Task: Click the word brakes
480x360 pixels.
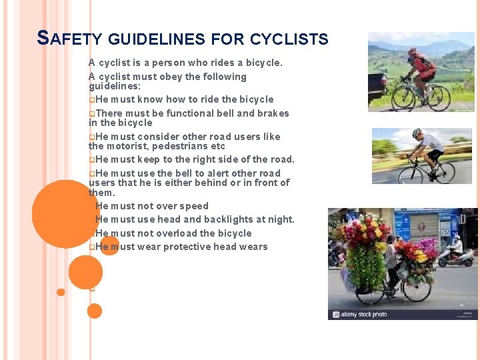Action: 273,113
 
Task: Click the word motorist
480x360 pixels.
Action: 129,146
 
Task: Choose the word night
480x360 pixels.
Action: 280,219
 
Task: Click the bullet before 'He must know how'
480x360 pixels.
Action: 91,100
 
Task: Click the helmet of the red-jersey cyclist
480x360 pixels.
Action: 413,51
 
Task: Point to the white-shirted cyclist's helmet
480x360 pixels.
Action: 417,133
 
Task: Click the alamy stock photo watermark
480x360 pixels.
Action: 360,314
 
